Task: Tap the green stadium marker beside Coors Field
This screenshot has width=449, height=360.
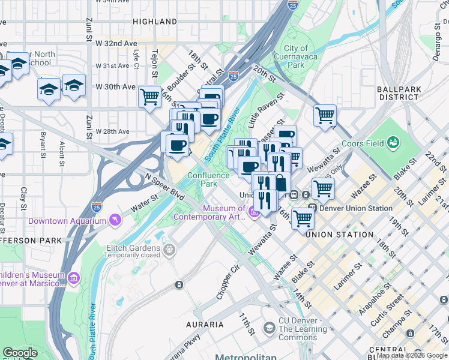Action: pos(393,143)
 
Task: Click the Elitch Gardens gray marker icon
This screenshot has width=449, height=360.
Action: pos(170,248)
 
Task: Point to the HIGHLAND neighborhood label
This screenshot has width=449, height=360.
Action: pos(155,22)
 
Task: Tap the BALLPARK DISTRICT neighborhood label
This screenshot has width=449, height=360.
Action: pos(398,92)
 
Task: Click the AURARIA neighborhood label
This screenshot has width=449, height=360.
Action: pos(205,325)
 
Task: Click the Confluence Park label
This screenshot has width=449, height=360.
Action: pos(208,179)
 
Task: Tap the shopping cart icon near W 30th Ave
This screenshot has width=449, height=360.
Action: pos(149,96)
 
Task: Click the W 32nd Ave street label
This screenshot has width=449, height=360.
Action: pos(116,44)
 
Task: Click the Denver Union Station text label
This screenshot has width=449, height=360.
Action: pos(355,208)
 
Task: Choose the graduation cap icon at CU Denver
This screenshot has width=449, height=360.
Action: pos(269,328)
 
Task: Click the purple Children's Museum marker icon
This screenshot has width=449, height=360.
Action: pos(74,278)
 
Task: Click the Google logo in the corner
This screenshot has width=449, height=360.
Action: pos(20,353)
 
